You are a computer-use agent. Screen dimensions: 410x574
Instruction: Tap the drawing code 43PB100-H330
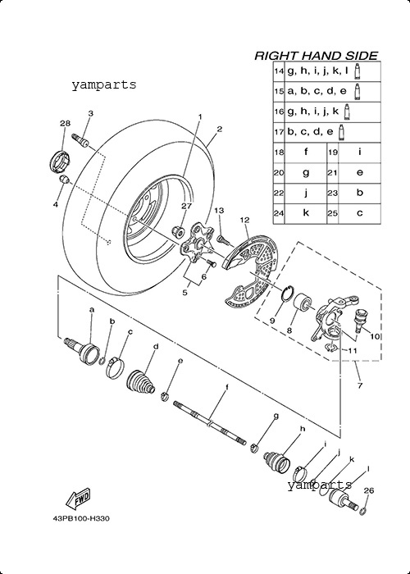pos(81,519)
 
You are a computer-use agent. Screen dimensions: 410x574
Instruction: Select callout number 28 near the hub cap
pos(65,123)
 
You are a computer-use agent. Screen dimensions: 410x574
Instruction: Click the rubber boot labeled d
pos(141,383)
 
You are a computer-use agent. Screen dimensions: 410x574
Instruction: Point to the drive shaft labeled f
pos(209,423)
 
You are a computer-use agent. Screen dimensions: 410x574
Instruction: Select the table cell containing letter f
pos(306,153)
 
